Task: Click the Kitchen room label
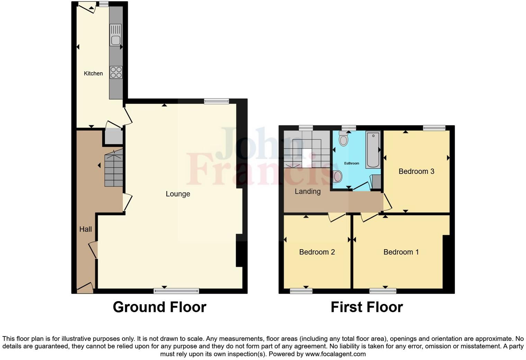coord(93,73)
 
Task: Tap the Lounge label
coord(178,194)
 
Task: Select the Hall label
coord(85,229)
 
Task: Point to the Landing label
coord(307,191)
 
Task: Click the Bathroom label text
coord(351,163)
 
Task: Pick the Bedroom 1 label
coord(401,252)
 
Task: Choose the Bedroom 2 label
coord(317,252)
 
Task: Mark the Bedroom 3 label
coord(416,171)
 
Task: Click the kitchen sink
coord(116,35)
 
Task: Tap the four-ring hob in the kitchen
coord(116,72)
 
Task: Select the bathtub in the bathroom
coord(373,150)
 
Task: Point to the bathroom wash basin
coord(337,177)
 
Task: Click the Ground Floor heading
coord(160,307)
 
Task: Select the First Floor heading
coord(366,307)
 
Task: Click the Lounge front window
coord(176,291)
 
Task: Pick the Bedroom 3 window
coord(434,128)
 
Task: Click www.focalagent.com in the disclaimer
coord(335,354)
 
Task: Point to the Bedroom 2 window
coord(301,291)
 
